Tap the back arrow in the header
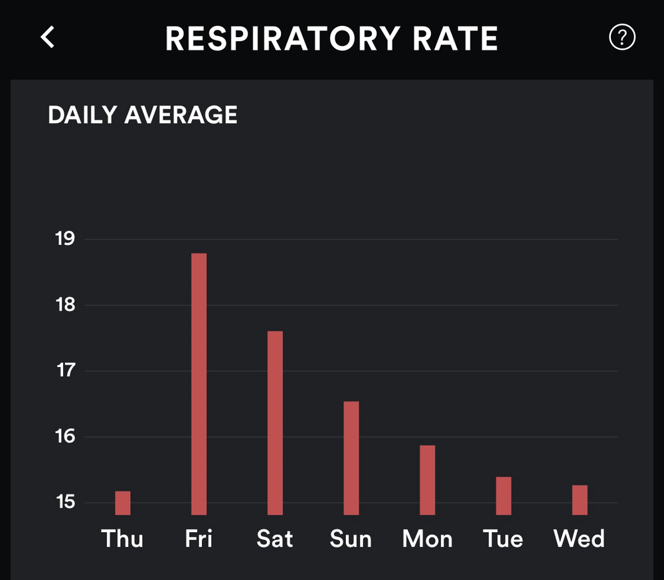(x=48, y=38)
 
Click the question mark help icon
(x=622, y=38)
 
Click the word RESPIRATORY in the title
(x=284, y=39)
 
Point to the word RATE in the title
(x=455, y=39)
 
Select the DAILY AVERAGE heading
(x=143, y=115)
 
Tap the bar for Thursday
(x=123, y=503)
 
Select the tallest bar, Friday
(x=199, y=384)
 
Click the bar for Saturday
(x=275, y=423)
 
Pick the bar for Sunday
(x=351, y=458)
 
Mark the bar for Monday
(x=428, y=480)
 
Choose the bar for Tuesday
(x=503, y=496)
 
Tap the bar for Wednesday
(x=580, y=500)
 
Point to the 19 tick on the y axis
(x=65, y=239)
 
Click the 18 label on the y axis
(x=65, y=305)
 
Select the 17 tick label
(x=65, y=370)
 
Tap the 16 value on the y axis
(x=65, y=437)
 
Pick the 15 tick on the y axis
(x=65, y=502)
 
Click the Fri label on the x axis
(x=199, y=538)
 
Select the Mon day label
(x=428, y=538)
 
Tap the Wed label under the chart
(x=580, y=538)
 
